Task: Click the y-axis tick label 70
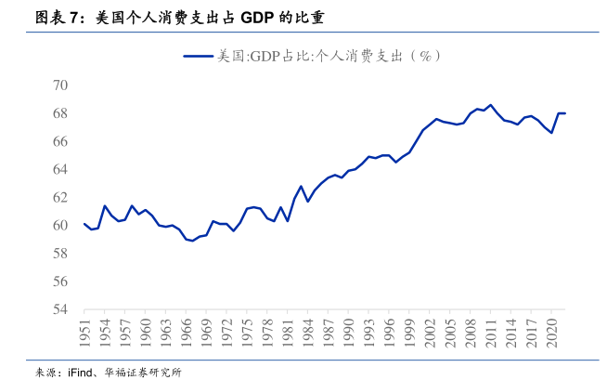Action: [x=60, y=85]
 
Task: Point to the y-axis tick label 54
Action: [x=60, y=309]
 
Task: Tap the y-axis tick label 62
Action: [x=60, y=197]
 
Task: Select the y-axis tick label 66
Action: [x=60, y=141]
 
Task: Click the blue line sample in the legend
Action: [x=198, y=56]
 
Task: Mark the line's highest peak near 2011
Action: [x=491, y=105]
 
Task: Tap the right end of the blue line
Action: [x=565, y=113]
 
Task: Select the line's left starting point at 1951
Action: [x=84, y=224]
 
